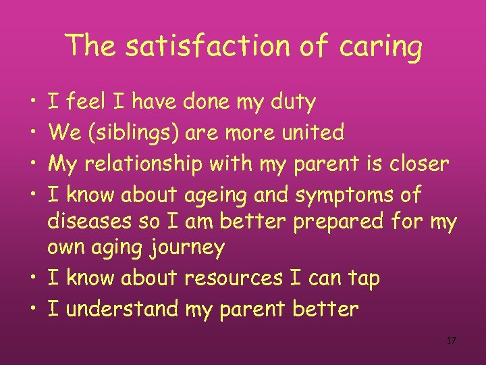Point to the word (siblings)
click(x=133, y=132)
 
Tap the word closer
click(x=413, y=164)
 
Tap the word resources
click(x=233, y=278)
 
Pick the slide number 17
click(x=452, y=341)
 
